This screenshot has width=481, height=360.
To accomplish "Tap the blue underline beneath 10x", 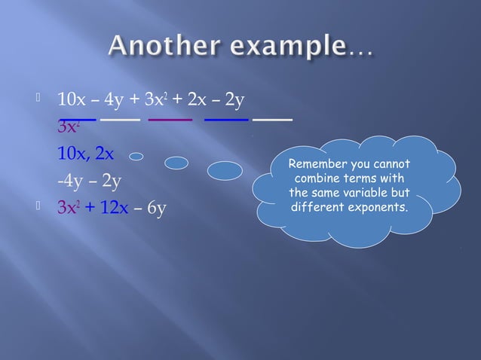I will point(78,119).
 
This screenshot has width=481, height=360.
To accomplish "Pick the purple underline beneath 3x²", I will point(171,119).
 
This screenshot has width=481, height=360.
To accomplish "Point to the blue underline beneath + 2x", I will point(227,119).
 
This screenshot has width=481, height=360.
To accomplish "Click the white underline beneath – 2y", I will point(273,119).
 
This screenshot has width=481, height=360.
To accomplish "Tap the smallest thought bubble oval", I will point(136,157).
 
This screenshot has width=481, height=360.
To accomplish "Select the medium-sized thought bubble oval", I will point(176,163).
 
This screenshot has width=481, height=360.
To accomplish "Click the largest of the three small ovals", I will point(225,171).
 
